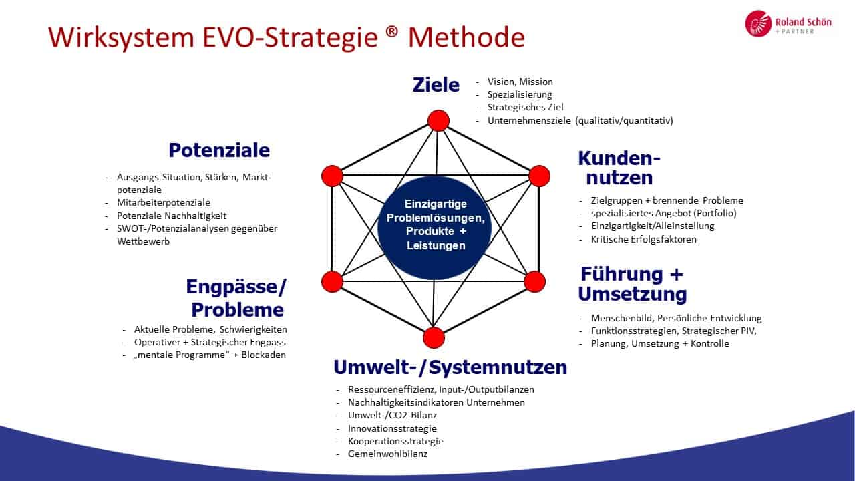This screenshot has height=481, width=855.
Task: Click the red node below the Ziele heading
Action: pos(438,121)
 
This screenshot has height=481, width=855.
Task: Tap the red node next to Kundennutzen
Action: pos(539,176)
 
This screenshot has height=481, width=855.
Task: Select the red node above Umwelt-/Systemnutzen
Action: pos(434,337)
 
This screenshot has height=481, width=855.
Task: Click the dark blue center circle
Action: pos(435,228)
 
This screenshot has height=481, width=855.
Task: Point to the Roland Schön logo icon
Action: pos(758,23)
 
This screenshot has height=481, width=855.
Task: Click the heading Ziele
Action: pos(436,85)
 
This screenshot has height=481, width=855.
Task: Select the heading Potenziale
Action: pos(219,150)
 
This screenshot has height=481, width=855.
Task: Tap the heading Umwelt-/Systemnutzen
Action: pos(450,367)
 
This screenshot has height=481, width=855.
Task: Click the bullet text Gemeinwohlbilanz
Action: pos(388,454)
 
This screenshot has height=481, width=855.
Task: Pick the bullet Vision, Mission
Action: pos(520,82)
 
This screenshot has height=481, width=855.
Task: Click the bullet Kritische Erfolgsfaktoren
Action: pos(644,239)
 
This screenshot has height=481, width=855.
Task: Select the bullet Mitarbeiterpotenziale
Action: pos(164,202)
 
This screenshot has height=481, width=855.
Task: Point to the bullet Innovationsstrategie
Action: pos(392,428)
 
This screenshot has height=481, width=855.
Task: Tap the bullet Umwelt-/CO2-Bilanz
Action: pos(392,415)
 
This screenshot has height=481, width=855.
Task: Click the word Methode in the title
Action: pos(466,37)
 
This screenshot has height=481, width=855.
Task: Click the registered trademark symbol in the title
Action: pos(392,31)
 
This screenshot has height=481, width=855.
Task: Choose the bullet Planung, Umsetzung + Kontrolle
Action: pos(661,343)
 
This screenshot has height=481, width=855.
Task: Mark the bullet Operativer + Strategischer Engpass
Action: pos(210,343)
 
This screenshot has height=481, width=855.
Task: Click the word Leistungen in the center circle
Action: pos(436,245)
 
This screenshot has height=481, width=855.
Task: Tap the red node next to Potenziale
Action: pos(332,176)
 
